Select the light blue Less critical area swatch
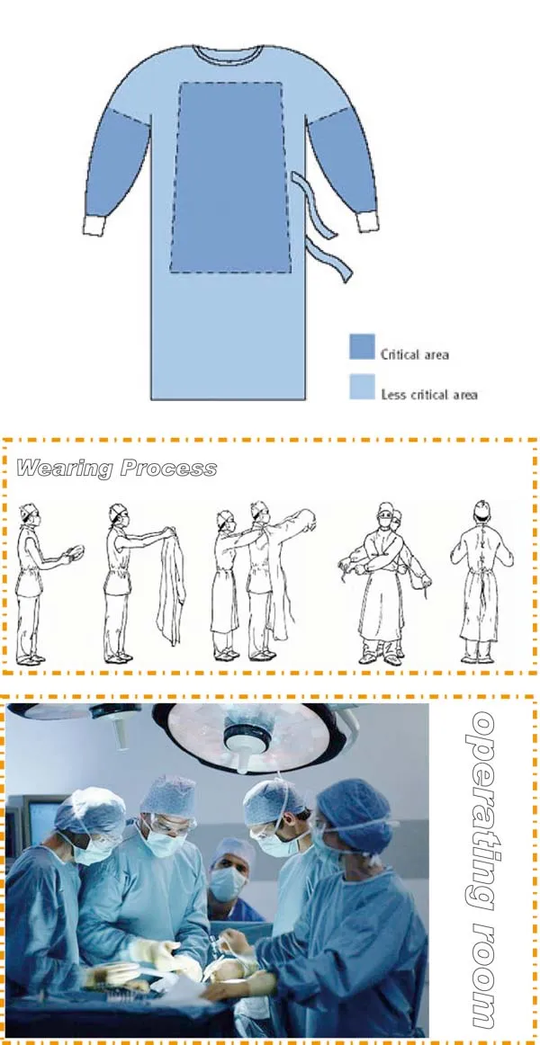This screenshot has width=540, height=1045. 362,388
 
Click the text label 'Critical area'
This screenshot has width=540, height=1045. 414,354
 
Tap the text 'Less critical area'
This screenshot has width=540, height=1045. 428,394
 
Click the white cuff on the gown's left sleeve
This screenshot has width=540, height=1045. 95,224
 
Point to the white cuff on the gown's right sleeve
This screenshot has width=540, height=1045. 365,221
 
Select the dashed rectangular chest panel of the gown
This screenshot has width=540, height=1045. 229,177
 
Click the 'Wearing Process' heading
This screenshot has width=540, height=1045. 117,469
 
